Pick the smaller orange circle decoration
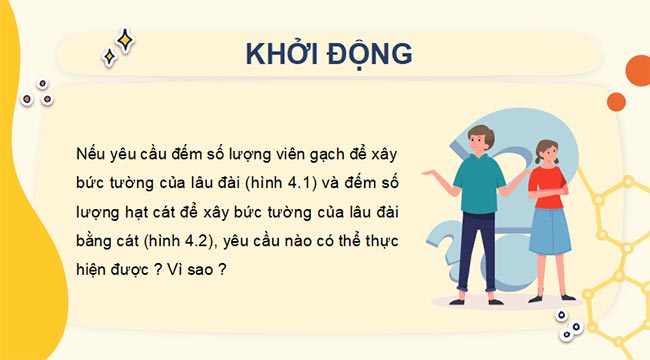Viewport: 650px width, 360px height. (616, 101)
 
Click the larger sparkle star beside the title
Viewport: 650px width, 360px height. (125, 40)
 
